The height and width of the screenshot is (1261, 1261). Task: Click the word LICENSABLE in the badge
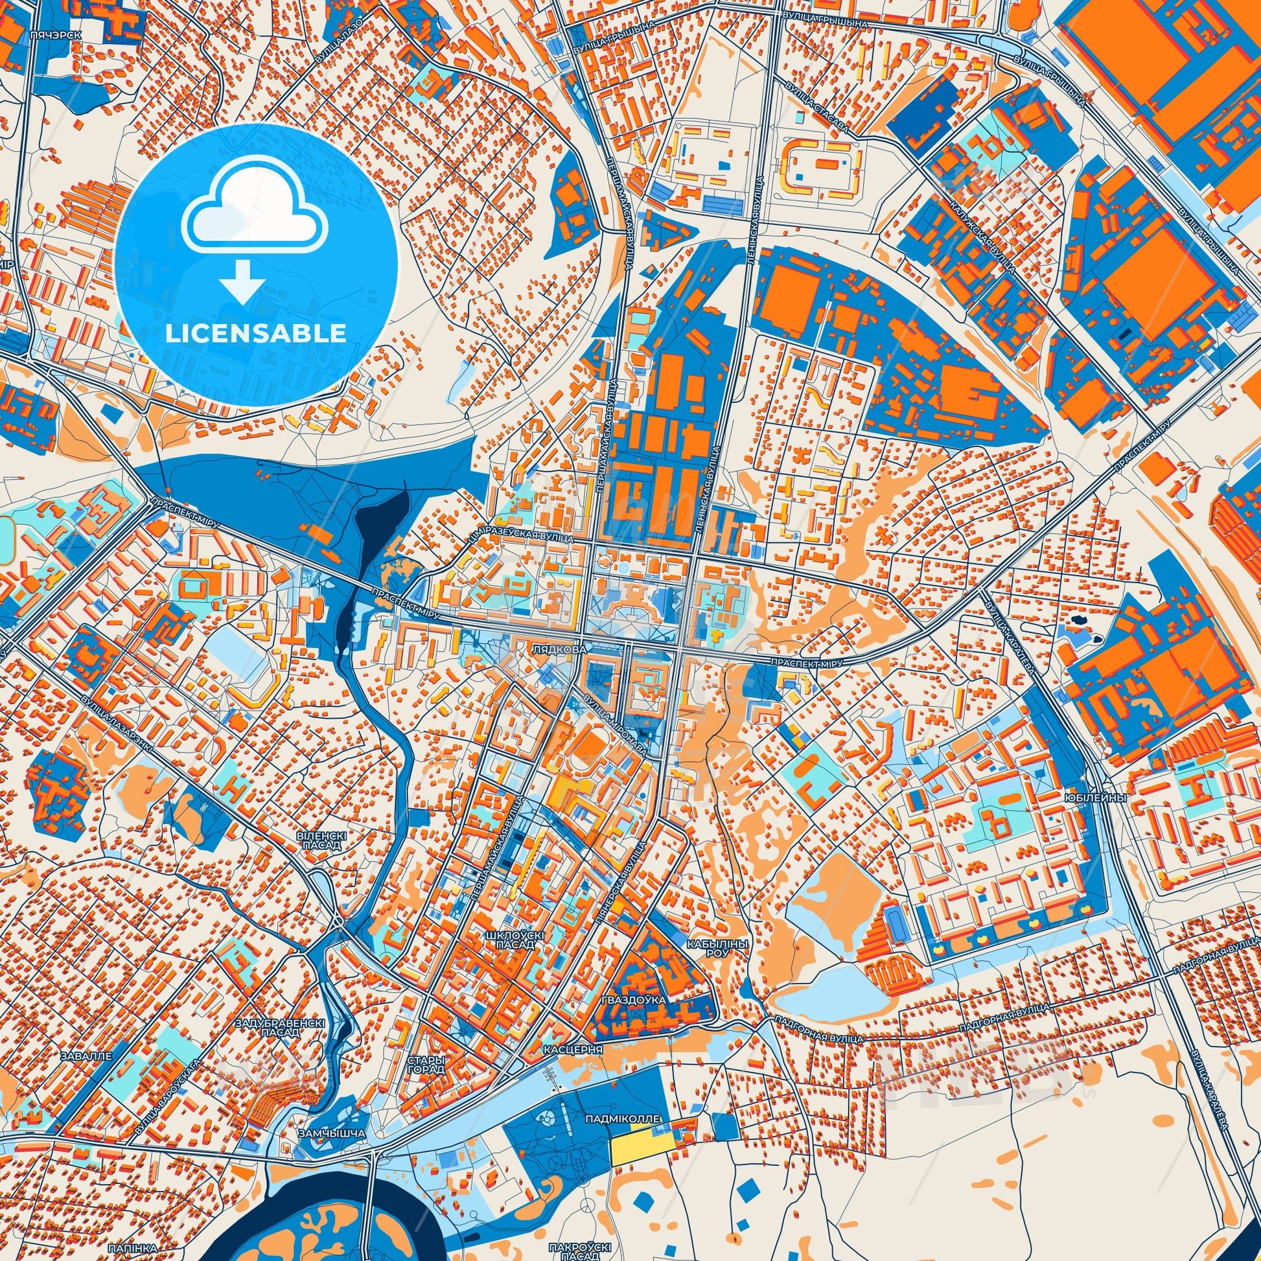click(255, 333)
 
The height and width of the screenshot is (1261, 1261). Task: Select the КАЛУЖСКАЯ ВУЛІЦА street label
click(990, 239)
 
